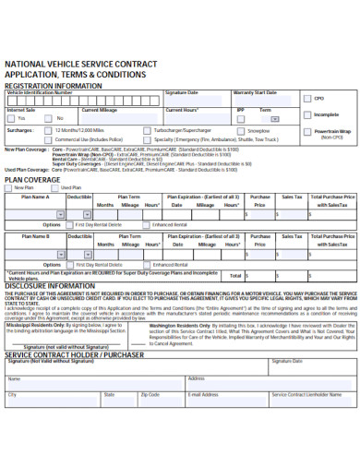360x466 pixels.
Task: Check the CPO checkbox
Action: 309,99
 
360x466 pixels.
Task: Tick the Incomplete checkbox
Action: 309,115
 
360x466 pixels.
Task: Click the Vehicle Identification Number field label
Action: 40,93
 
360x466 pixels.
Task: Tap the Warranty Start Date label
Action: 255,93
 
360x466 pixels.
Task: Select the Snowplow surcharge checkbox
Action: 241,131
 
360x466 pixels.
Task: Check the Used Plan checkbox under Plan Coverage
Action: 56,188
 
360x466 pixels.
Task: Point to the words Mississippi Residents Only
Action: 37,325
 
